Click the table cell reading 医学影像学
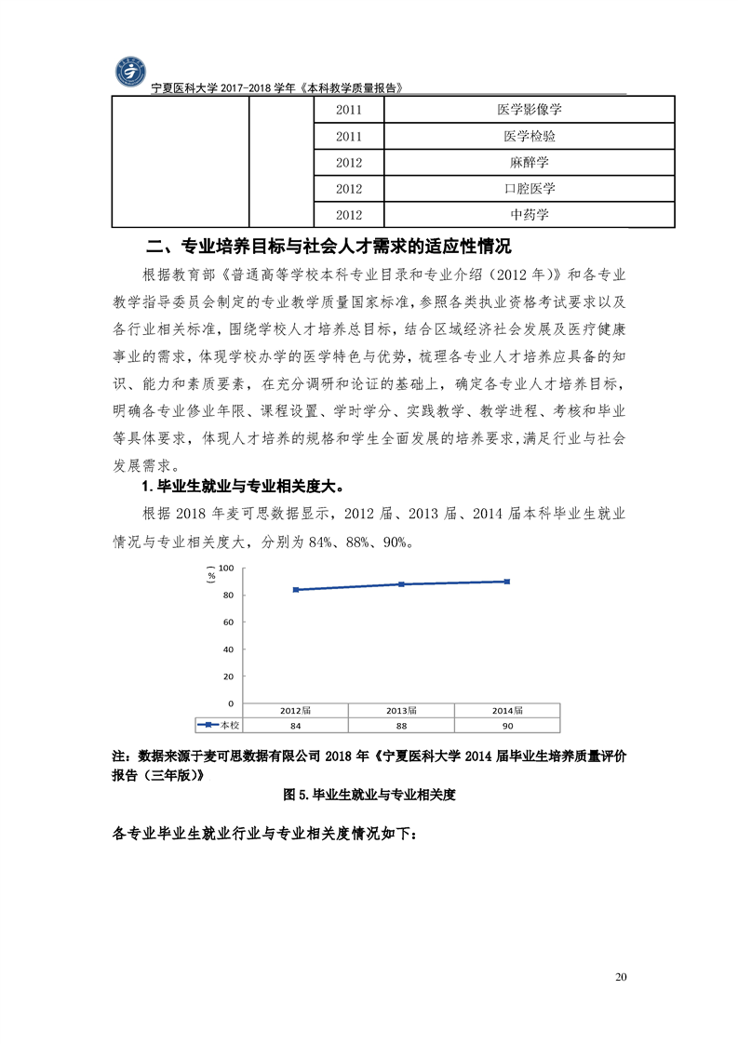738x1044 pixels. [x=530, y=110]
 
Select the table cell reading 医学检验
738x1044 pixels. [x=530, y=137]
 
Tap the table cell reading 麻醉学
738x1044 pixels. [x=530, y=163]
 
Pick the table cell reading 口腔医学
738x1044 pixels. [x=530, y=189]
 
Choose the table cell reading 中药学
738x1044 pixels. [x=530, y=215]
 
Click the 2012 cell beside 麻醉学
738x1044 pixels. [x=349, y=163]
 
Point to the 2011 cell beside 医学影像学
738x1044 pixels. [x=349, y=110]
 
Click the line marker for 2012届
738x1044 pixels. [x=296, y=590]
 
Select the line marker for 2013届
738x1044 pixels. [x=401, y=584]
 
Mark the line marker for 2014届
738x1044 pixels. [x=506, y=582]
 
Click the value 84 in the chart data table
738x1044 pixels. [x=296, y=725]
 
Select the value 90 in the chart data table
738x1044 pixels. [x=507, y=725]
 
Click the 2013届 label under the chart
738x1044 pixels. [x=401, y=711]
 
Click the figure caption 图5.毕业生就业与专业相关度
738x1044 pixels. [x=368, y=796]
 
